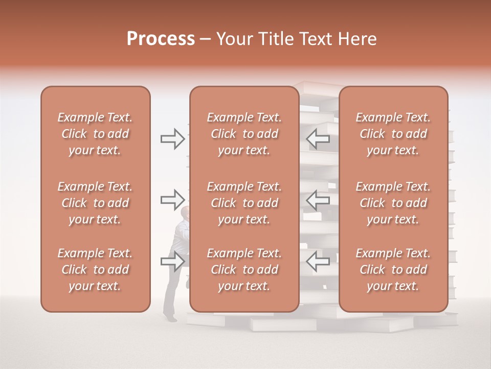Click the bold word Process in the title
[x=161, y=39]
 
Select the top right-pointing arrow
[x=172, y=139]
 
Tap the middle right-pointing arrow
[x=172, y=199]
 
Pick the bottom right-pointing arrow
[x=172, y=261]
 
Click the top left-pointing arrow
[x=318, y=138]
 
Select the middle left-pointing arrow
[x=318, y=200]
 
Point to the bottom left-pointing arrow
[x=318, y=261]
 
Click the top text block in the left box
[x=95, y=134]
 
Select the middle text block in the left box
[x=95, y=203]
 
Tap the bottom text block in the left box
[x=95, y=270]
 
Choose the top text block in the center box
[x=244, y=134]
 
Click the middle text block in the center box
[x=244, y=203]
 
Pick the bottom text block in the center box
[x=244, y=270]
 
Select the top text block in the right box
[x=393, y=134]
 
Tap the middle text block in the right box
[x=393, y=203]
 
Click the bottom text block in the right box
[x=393, y=270]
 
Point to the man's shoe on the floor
[x=172, y=318]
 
